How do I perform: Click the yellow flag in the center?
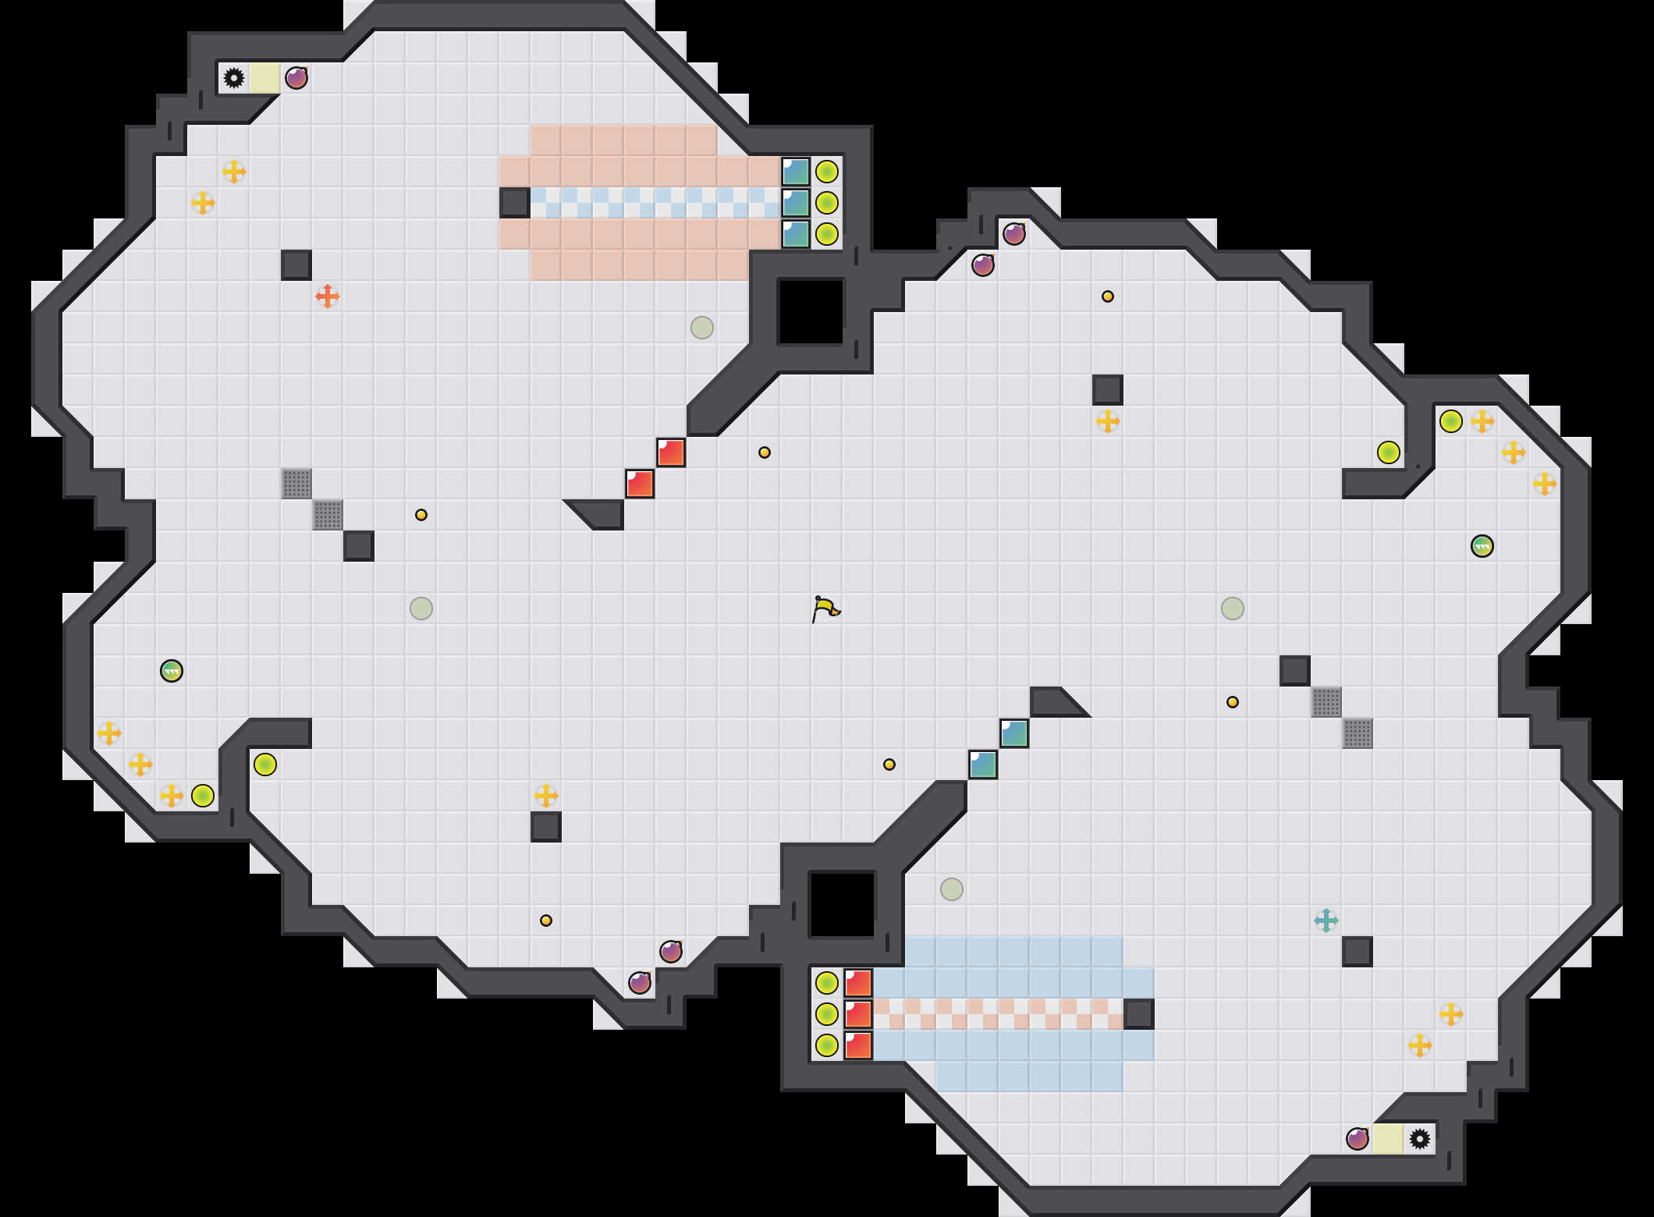click(825, 608)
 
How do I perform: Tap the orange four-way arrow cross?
click(328, 296)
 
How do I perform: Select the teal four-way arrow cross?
click(1326, 921)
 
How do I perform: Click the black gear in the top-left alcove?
click(234, 78)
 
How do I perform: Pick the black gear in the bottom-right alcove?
click(1420, 1139)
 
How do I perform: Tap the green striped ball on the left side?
click(172, 671)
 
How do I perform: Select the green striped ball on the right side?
click(1482, 546)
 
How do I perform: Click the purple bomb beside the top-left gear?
click(296, 78)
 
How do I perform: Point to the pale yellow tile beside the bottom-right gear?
click(1389, 1139)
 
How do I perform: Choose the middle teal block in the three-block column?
click(796, 203)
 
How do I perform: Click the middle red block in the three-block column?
click(858, 1014)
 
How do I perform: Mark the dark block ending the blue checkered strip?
click(515, 203)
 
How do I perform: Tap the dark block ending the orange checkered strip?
click(1139, 1014)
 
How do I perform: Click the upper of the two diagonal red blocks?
click(671, 452)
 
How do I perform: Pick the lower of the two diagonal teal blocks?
click(983, 765)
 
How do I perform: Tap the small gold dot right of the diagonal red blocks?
click(765, 452)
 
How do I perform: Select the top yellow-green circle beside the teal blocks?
click(827, 172)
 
